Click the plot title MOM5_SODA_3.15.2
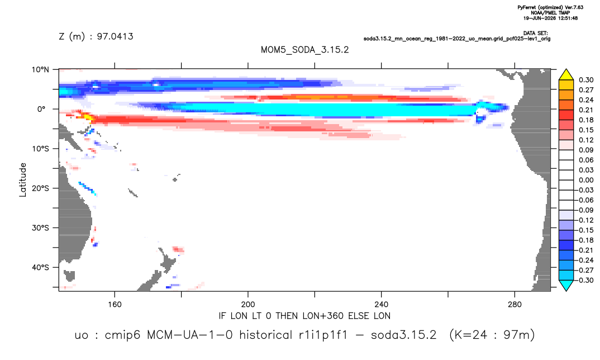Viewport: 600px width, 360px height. (304, 50)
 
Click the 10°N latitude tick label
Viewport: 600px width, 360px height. (40, 70)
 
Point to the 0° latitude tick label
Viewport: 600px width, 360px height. (41, 109)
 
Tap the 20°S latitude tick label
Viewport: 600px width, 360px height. (40, 188)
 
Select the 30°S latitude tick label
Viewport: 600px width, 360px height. (40, 228)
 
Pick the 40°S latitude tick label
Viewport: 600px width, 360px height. (40, 267)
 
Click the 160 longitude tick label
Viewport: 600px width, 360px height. (115, 305)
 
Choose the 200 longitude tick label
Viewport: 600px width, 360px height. (248, 305)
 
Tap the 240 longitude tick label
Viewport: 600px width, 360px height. (382, 305)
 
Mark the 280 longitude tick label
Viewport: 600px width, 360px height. (515, 305)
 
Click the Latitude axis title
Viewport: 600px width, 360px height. (23, 180)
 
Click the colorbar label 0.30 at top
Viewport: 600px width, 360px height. (586, 80)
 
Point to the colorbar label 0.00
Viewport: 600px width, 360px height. (586, 180)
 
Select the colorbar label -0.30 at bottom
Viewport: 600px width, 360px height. (585, 280)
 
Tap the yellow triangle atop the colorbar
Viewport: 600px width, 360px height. (566, 75)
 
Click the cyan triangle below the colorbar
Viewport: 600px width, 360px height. (566, 285)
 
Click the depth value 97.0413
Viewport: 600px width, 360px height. (115, 37)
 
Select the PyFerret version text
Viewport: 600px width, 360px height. (550, 8)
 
